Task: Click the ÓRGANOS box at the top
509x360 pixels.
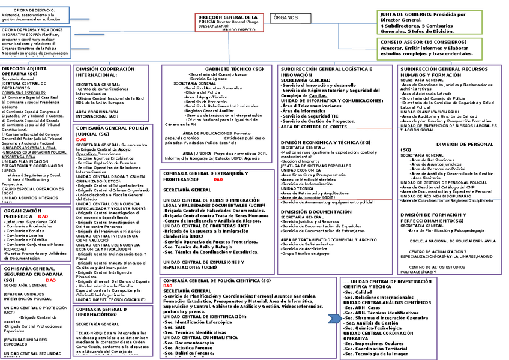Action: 285,18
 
